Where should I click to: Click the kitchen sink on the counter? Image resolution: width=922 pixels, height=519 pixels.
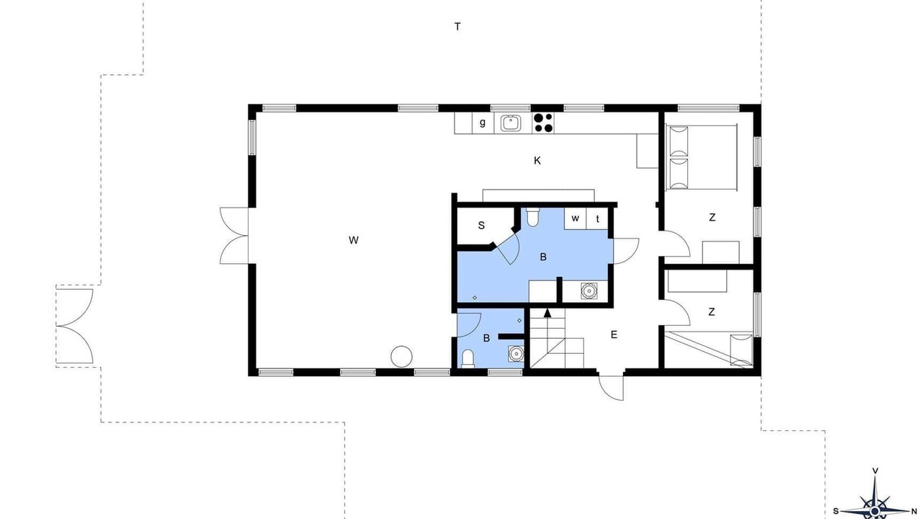511,123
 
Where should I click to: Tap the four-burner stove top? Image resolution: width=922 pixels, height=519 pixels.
543,123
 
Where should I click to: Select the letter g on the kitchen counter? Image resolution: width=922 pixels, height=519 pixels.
483,123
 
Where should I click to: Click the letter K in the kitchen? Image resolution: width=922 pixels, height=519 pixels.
537,161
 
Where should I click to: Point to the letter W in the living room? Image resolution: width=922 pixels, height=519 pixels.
353,240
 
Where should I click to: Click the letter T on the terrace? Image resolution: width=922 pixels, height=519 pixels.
457,27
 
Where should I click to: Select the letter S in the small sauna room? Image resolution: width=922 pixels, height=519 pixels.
481,226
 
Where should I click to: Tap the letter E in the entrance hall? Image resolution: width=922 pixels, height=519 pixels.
614,335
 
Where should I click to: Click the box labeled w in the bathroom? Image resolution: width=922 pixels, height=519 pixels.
575,218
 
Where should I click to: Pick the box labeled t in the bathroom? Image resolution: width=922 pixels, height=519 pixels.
597,218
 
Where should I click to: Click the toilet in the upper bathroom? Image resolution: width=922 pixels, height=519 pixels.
532,217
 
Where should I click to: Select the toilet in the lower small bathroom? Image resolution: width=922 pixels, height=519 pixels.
467,358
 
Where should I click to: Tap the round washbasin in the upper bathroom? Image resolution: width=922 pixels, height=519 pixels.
589,290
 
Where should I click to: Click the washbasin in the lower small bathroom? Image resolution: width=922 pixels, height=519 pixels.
516,353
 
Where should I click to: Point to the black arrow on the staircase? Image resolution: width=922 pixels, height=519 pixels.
547,313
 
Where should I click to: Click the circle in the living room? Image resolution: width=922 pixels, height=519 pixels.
401,357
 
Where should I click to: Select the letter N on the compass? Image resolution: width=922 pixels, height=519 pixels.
914,512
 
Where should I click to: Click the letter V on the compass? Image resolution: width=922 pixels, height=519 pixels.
875,471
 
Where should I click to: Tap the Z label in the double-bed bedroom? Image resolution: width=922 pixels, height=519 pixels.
712,217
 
